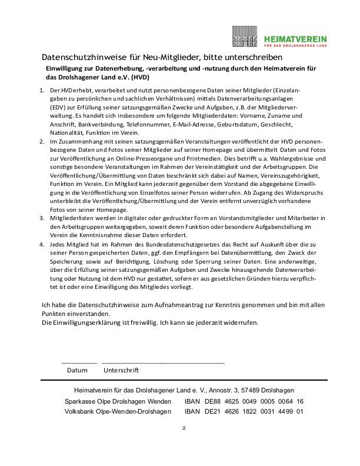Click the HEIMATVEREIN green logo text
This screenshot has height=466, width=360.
295,38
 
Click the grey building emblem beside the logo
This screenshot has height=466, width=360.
245,36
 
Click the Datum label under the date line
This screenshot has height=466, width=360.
77,371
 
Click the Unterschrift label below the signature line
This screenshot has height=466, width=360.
121,371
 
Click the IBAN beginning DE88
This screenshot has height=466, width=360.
244,401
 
